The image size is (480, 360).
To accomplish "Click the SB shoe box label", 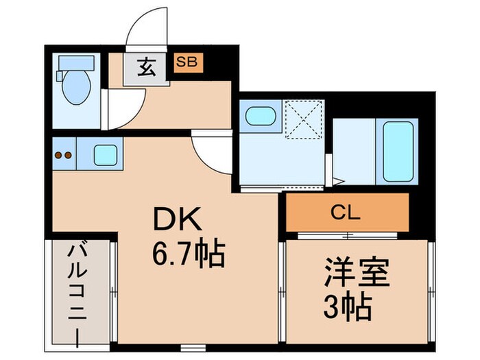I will (x=187, y=61).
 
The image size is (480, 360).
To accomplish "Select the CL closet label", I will (x=346, y=212).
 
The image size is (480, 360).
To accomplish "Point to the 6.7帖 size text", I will (x=188, y=256).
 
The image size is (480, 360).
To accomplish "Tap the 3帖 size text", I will (x=348, y=307).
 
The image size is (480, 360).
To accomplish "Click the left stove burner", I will (x=58, y=155).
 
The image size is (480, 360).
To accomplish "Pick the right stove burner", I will (x=69, y=155).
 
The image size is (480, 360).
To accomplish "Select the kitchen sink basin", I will (x=105, y=156).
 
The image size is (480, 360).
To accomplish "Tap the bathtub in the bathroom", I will (x=396, y=152).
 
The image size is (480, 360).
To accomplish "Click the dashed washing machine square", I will (x=303, y=119).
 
